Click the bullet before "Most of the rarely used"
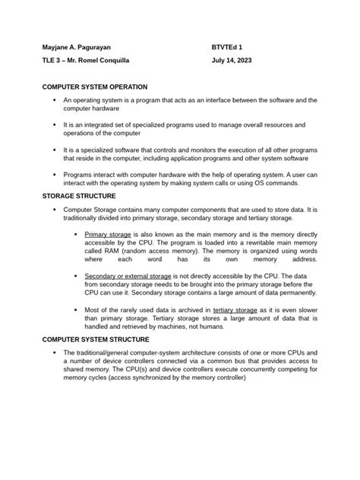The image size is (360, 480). pos(76,310)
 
